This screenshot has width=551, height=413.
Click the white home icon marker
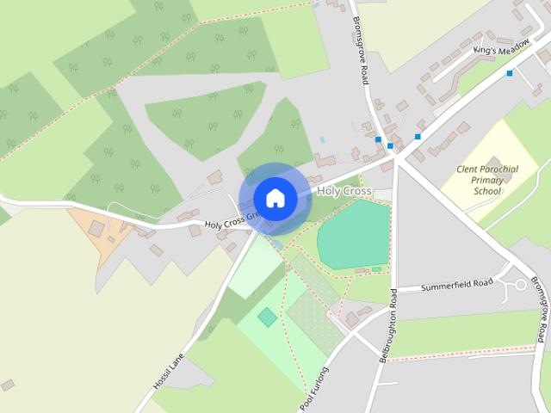275,198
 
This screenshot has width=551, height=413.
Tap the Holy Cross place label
344,190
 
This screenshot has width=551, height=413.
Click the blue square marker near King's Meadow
510,73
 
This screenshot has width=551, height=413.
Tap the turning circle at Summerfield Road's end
519,283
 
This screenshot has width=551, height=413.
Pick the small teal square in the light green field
268,317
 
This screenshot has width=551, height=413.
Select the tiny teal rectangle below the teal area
376,269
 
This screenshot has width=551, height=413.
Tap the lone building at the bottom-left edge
7,385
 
